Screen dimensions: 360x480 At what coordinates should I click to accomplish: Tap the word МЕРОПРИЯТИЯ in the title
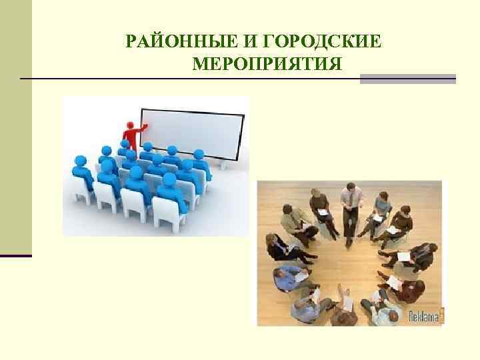[x=267, y=65]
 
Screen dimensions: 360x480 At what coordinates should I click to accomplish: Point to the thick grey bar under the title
[x=407, y=79]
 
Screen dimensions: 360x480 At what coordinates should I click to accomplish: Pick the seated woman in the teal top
[x=382, y=207]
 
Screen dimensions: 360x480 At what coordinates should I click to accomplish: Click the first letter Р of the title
[x=131, y=43]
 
